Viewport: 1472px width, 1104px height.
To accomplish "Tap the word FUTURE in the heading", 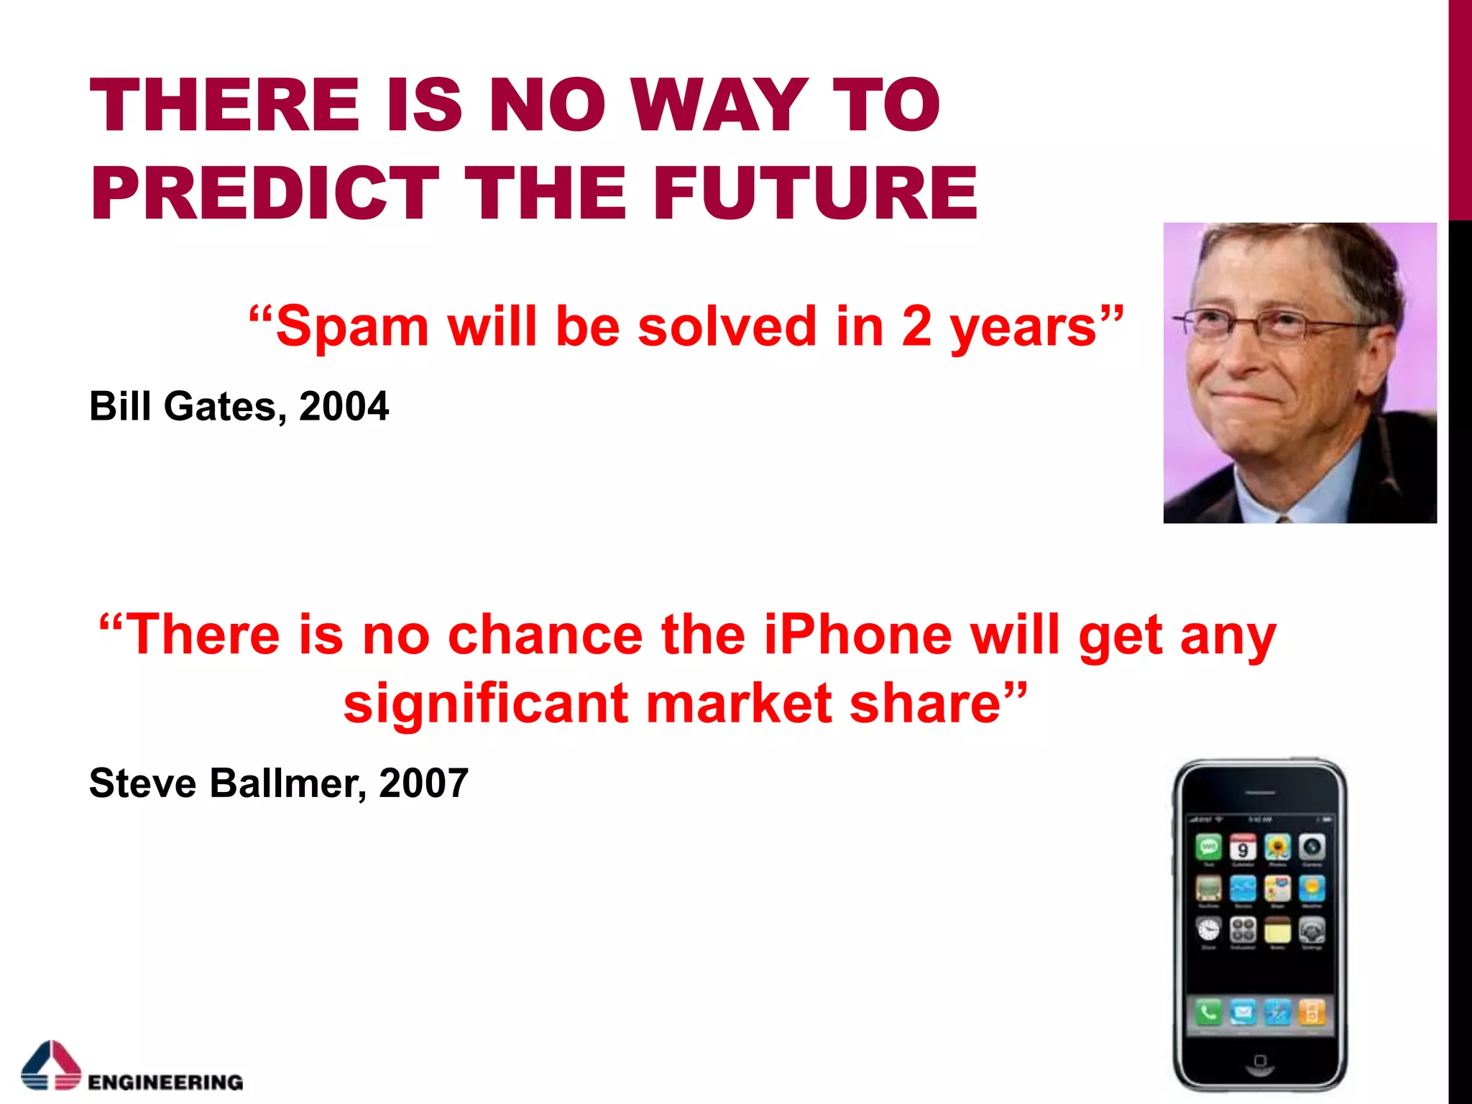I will (815, 193).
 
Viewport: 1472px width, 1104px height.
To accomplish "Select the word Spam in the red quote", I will (351, 327).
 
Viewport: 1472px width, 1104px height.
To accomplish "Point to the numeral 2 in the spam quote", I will (916, 327).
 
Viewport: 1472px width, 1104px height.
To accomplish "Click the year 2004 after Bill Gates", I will (344, 406).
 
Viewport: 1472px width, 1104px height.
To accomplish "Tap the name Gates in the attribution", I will (220, 406).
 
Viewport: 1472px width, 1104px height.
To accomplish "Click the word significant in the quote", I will (486, 704).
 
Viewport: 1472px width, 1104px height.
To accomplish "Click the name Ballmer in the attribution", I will (283, 783).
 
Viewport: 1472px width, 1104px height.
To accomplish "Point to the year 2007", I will (423, 783).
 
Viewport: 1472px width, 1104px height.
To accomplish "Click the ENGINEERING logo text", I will (165, 1082).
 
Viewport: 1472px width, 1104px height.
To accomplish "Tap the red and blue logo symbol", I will (51, 1065).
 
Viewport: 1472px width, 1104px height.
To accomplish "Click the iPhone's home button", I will (1259, 1061).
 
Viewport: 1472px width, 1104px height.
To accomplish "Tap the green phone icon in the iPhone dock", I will (1209, 1013).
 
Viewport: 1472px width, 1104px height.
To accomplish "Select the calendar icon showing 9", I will (1243, 848).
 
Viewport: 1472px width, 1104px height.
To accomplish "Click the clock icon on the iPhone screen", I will (1209, 930).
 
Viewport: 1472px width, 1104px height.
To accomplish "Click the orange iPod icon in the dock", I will (1311, 1013).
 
